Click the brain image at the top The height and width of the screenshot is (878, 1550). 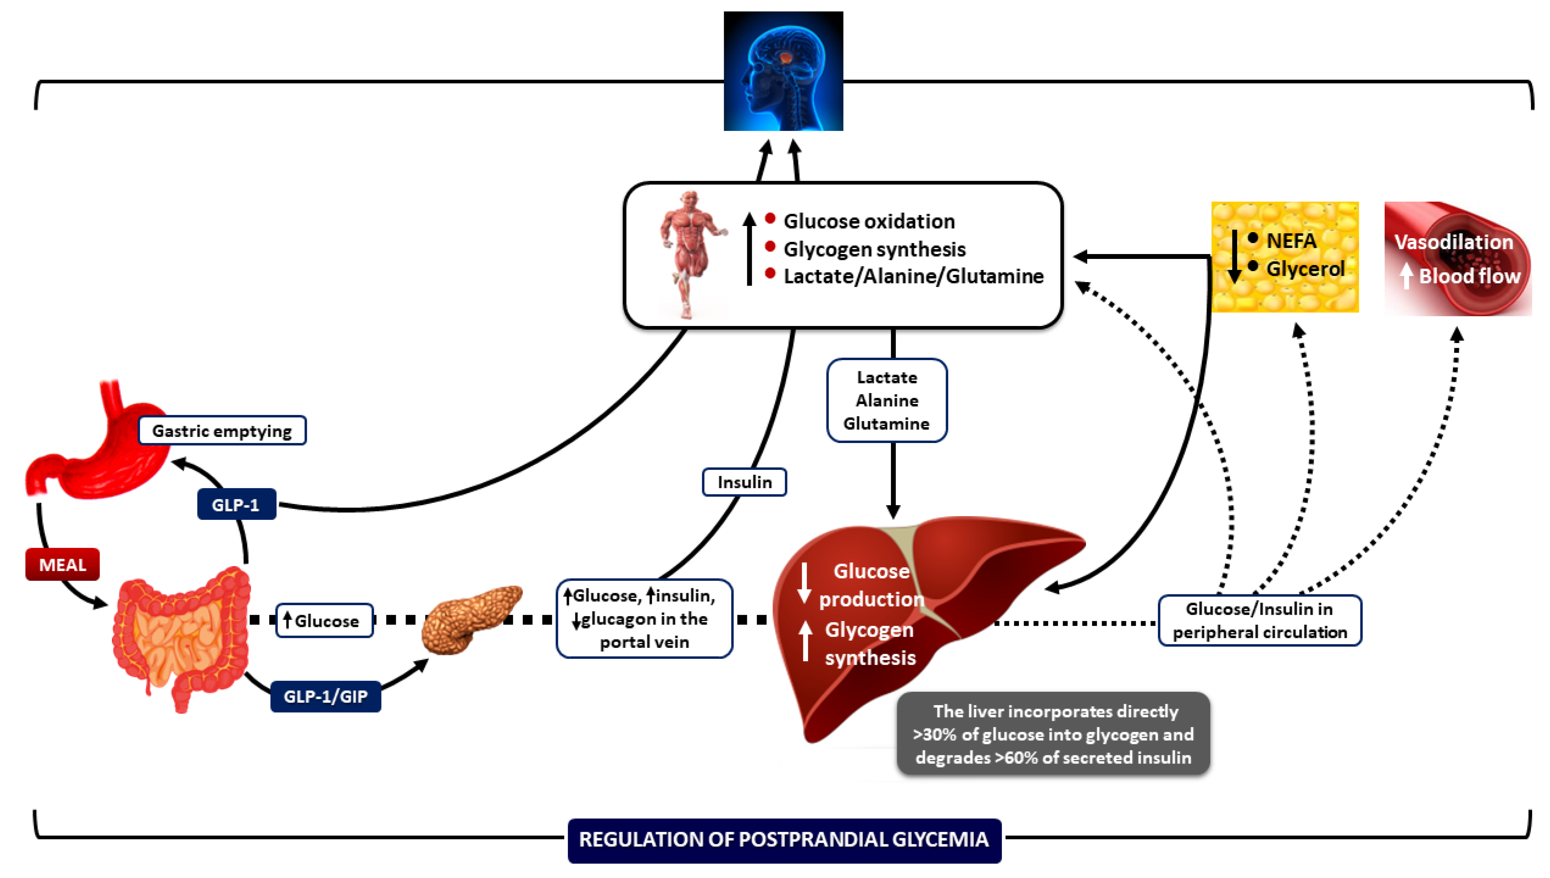783,71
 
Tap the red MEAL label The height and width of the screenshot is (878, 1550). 62,565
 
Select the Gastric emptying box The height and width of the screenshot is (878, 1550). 222,430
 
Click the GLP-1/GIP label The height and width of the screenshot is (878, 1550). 326,696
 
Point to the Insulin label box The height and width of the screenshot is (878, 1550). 745,482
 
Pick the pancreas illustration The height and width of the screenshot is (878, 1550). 470,618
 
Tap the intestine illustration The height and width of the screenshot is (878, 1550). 181,639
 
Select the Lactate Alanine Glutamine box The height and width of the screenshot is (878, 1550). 887,400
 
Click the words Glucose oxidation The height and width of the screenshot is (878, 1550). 869,221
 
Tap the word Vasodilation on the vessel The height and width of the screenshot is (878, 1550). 1454,242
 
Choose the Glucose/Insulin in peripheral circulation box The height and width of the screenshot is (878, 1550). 1260,621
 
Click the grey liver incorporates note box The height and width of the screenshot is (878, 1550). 1053,734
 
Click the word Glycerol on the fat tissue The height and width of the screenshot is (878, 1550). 1305,268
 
